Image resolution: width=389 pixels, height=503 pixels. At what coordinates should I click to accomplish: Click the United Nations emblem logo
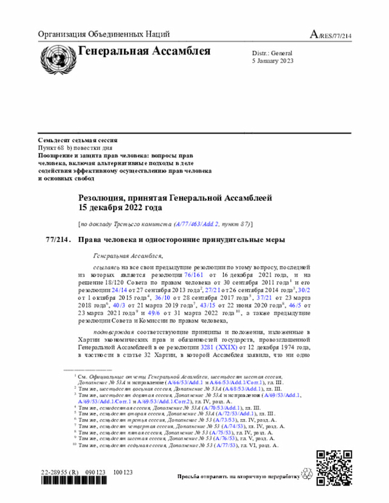coord(57,60)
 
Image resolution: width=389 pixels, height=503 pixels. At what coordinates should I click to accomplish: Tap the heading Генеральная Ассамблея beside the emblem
coord(144,51)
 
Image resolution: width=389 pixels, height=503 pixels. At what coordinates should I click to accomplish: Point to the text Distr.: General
coord(272,53)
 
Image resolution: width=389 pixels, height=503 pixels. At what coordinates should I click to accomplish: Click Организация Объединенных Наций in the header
coord(103,34)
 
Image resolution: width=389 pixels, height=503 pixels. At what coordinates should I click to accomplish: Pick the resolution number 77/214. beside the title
coord(58,239)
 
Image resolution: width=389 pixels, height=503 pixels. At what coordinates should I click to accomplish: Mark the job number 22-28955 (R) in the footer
coord(61,470)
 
